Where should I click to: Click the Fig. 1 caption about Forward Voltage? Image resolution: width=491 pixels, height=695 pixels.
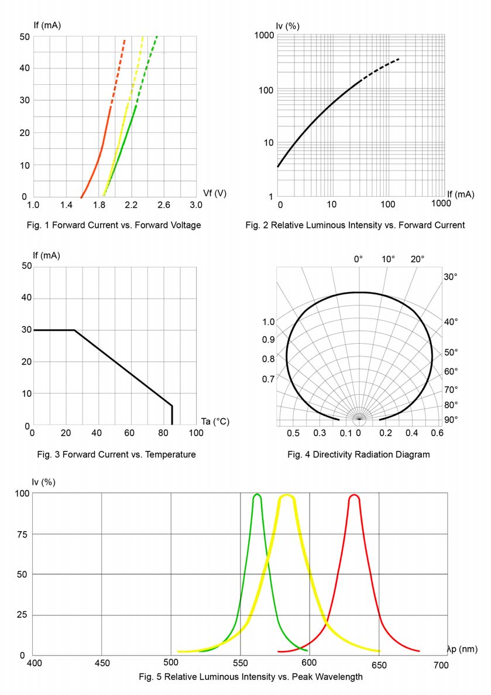pyautogui.click(x=114, y=225)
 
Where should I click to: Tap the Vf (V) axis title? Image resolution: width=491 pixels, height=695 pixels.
pyautogui.click(x=214, y=193)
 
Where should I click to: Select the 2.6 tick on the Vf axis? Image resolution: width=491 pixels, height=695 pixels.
pyautogui.click(x=163, y=205)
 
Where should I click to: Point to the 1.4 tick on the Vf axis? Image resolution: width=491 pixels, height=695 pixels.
pyautogui.click(x=66, y=205)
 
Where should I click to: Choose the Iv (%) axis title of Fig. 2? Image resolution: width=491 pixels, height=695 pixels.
pyautogui.click(x=288, y=26)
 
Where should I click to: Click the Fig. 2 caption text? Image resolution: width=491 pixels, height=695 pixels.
pyautogui.click(x=355, y=225)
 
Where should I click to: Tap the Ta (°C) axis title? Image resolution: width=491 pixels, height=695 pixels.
pyautogui.click(x=214, y=421)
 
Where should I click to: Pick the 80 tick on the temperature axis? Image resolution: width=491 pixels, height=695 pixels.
pyautogui.click(x=163, y=433)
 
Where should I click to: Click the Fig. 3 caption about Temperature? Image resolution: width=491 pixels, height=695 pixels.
pyautogui.click(x=116, y=454)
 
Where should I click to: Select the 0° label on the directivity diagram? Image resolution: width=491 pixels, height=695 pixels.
pyautogui.click(x=359, y=259)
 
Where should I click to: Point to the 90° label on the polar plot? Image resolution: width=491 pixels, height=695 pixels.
pyautogui.click(x=451, y=420)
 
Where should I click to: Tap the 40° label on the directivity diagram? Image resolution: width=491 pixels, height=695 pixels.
pyautogui.click(x=451, y=321)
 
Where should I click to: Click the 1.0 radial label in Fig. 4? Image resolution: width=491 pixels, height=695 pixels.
pyautogui.click(x=269, y=321)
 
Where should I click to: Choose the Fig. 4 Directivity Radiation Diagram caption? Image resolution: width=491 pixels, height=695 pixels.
pyautogui.click(x=358, y=454)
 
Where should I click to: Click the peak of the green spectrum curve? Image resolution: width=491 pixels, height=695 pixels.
pyautogui.click(x=257, y=495)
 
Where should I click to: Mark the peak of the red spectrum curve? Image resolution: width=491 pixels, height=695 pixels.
pyautogui.click(x=354, y=495)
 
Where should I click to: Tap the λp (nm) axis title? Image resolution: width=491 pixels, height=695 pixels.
pyautogui.click(x=462, y=649)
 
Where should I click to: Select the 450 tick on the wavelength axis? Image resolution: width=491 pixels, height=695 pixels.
pyautogui.click(x=102, y=665)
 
